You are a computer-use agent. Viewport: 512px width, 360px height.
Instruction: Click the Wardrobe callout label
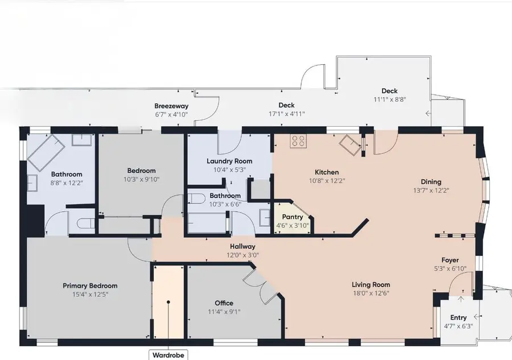click(168, 355)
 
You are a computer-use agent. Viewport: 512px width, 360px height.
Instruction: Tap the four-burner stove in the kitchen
click(298, 141)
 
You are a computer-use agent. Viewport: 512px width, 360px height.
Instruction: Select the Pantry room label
click(292, 217)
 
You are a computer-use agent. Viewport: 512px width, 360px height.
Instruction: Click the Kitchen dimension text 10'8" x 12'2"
click(327, 180)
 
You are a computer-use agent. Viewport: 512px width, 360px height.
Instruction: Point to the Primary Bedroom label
click(90, 285)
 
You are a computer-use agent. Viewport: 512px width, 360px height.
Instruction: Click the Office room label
click(224, 303)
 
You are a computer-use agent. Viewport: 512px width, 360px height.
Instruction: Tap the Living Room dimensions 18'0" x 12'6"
click(371, 293)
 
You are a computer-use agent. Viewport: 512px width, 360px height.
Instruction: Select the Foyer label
click(450, 260)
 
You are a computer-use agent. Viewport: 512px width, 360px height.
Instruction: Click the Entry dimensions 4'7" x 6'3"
click(459, 326)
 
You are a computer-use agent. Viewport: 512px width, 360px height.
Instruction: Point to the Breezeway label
click(171, 106)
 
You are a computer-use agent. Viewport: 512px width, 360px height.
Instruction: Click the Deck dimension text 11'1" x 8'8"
click(390, 99)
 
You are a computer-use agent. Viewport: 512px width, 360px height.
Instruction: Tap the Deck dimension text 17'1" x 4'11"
click(287, 114)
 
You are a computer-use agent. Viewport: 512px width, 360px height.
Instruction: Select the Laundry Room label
click(229, 161)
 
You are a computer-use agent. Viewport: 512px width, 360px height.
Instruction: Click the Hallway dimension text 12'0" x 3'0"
click(242, 255)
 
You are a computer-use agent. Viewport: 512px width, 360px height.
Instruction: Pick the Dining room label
click(431, 182)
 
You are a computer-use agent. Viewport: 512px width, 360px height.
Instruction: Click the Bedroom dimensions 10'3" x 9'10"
click(142, 179)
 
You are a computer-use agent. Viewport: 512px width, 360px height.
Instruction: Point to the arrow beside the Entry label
click(477, 316)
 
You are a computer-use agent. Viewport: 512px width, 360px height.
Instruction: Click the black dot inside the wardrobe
click(168, 302)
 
